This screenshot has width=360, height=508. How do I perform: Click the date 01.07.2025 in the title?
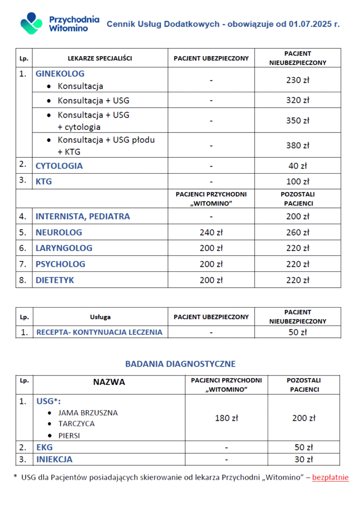click(311, 24)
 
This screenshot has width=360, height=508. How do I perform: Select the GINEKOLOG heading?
click(60, 74)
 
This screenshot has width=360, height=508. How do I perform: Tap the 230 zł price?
click(297, 80)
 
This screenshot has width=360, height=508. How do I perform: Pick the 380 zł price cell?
click(297, 145)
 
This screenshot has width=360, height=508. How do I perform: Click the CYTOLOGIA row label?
click(59, 166)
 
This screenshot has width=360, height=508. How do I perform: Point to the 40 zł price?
click(297, 166)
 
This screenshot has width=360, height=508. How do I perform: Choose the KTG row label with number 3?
click(44, 182)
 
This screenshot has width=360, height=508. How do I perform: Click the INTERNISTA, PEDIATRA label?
click(83, 216)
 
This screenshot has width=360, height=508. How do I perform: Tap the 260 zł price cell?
click(297, 232)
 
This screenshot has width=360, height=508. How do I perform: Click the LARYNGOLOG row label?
click(64, 248)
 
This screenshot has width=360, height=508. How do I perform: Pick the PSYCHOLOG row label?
click(61, 264)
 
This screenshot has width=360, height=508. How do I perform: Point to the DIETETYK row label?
click(55, 280)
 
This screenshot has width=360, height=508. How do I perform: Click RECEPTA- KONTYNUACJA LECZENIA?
click(99, 332)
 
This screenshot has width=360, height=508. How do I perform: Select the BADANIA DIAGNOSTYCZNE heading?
click(180, 364)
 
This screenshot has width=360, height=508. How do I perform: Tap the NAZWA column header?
click(109, 382)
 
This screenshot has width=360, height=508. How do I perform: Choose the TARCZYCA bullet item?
click(76, 424)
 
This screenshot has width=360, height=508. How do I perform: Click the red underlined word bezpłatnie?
click(330, 477)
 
